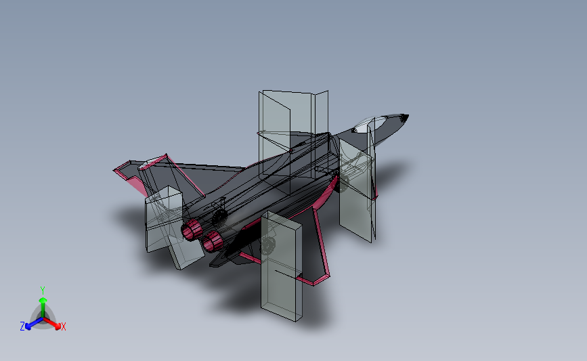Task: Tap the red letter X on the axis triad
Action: [64, 327]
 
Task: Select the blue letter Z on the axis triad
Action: [22, 326]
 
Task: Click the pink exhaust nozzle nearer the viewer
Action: [214, 238]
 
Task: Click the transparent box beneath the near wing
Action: [282, 267]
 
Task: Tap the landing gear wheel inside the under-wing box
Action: [268, 246]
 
